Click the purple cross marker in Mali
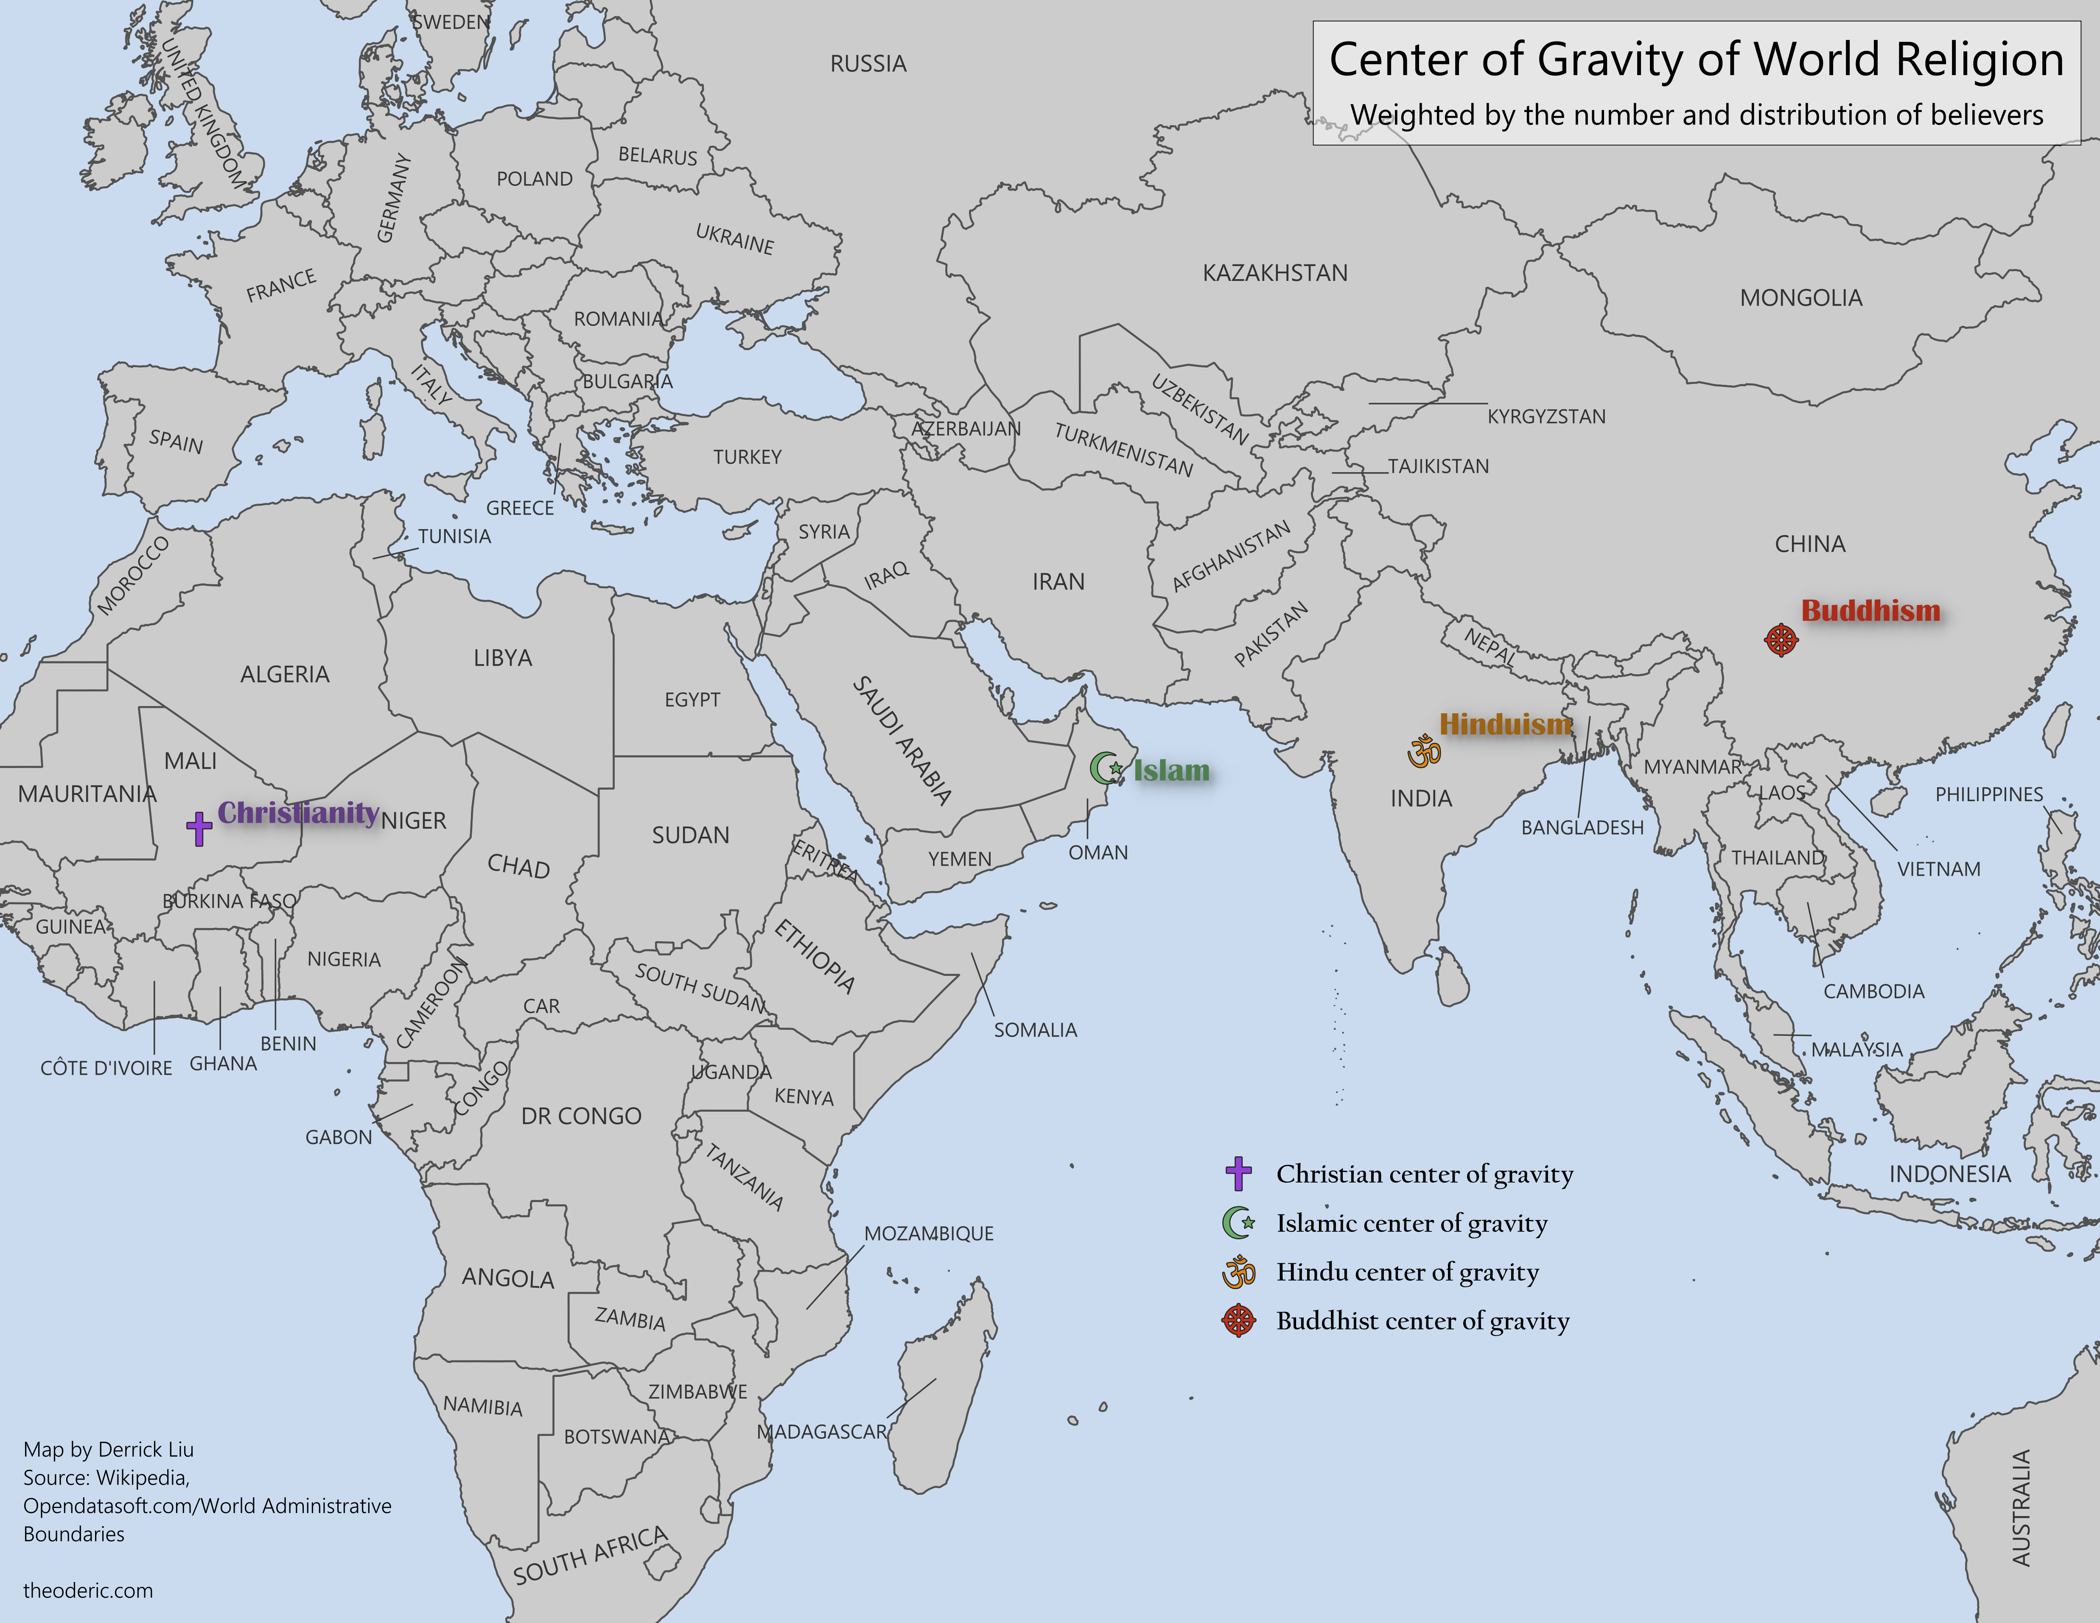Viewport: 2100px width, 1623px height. (199, 828)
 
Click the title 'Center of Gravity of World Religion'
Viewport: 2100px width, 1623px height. (1696, 59)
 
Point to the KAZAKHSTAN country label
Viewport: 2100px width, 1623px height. (1275, 273)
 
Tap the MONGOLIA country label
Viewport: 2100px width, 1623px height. (1801, 298)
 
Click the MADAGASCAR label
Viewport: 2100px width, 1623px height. (821, 1432)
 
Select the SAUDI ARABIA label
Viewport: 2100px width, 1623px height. (902, 740)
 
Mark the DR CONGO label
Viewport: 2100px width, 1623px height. (581, 1116)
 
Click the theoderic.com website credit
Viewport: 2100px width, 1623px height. (87, 1590)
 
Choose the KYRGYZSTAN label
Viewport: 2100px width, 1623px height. (1546, 416)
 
